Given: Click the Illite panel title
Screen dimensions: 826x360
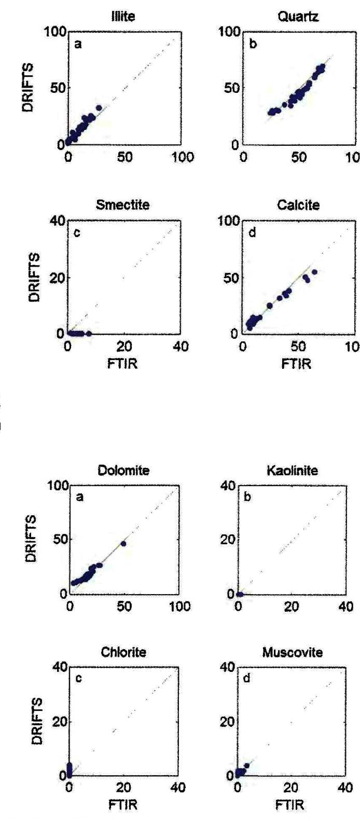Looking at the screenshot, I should (x=123, y=17).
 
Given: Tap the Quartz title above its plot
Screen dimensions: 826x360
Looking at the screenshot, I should (x=298, y=17).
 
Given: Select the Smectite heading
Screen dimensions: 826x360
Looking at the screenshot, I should (x=123, y=205).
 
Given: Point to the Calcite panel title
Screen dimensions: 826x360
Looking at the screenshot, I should (x=298, y=205).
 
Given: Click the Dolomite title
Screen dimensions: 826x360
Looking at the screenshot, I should (x=123, y=471).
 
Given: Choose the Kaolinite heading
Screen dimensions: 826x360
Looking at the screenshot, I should (x=293, y=471).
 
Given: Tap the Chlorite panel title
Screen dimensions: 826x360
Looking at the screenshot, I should (x=123, y=652).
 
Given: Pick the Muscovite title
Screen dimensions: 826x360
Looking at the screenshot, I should (x=293, y=652).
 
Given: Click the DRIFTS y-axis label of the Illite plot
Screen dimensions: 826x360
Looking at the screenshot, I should (x=30, y=88).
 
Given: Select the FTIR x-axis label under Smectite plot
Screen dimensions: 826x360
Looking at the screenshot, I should (x=123, y=363).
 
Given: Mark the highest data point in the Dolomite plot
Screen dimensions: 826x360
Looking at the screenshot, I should (x=123, y=544).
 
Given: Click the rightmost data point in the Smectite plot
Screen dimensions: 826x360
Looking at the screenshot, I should (x=89, y=334).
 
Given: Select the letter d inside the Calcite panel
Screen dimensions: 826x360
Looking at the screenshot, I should (x=253, y=233).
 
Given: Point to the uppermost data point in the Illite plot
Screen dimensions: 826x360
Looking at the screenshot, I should (x=99, y=108).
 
